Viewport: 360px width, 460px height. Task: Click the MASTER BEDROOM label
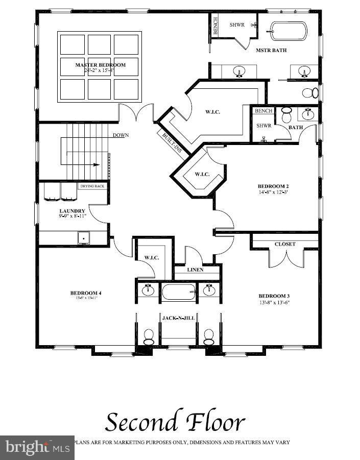(x=100, y=65)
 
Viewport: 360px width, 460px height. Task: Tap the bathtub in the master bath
(x=289, y=32)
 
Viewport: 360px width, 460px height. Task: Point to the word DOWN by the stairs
(x=121, y=135)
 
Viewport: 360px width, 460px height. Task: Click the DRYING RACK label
(x=92, y=186)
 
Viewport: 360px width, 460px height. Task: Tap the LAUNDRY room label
(x=72, y=211)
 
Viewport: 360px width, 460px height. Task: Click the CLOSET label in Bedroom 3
(x=284, y=244)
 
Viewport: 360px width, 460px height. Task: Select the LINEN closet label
(x=195, y=270)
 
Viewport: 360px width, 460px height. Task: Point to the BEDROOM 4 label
(x=86, y=293)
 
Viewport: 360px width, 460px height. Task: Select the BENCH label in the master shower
(x=215, y=26)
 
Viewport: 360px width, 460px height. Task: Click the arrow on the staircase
(x=95, y=165)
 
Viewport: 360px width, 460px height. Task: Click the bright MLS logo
(x=37, y=448)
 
